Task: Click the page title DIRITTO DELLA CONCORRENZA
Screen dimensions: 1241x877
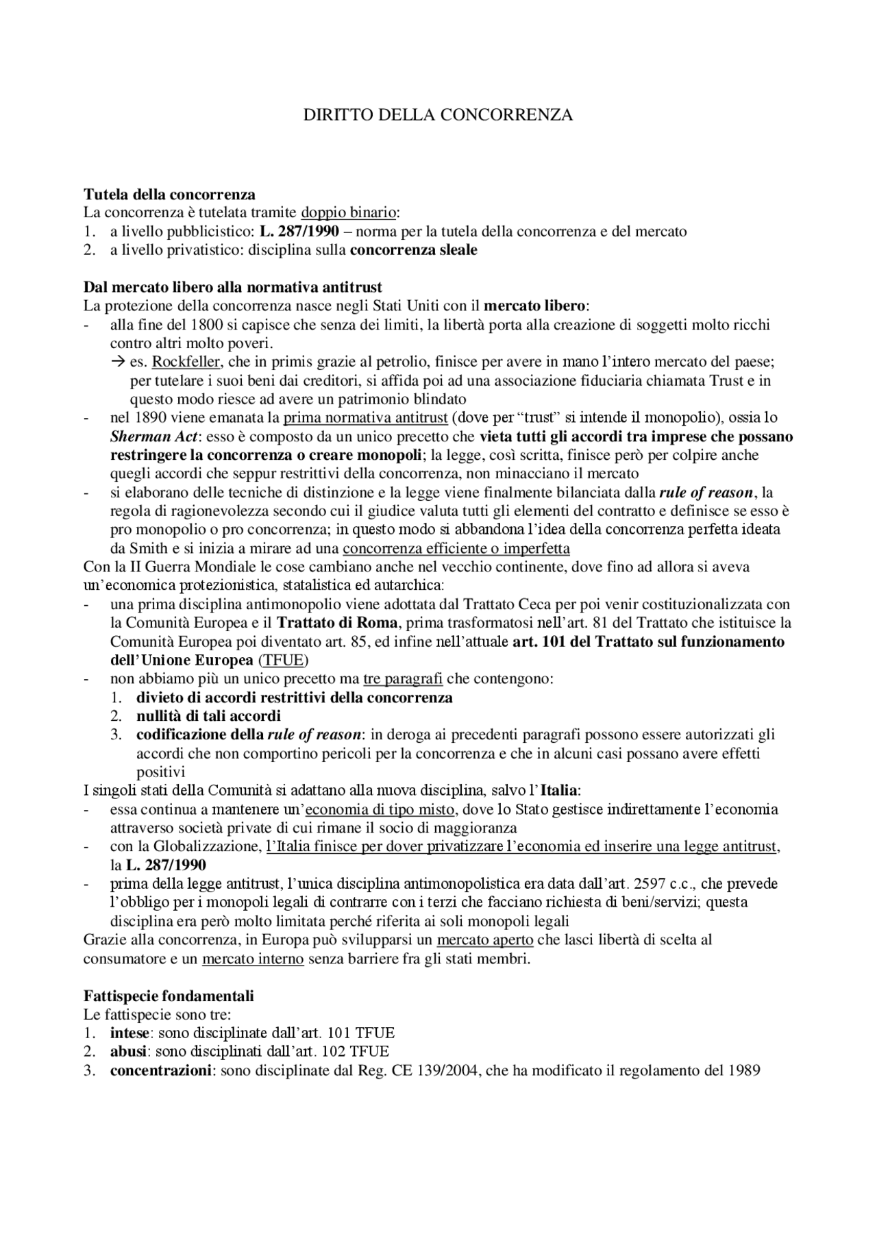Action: click(438, 114)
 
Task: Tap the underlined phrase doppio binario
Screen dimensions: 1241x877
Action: click(349, 212)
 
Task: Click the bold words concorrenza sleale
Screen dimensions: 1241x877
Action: click(413, 249)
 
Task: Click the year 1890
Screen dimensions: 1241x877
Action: click(152, 417)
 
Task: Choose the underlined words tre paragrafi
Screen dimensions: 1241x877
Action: click(403, 679)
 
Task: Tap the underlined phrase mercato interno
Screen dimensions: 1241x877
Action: click(253, 958)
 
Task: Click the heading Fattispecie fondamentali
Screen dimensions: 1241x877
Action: click(169, 995)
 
